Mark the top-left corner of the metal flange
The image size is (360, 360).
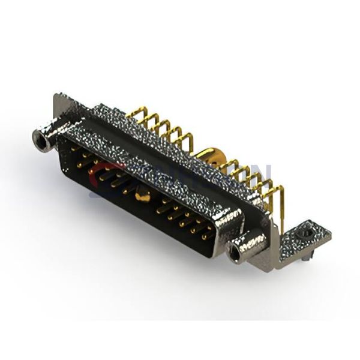coord(57,96)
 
